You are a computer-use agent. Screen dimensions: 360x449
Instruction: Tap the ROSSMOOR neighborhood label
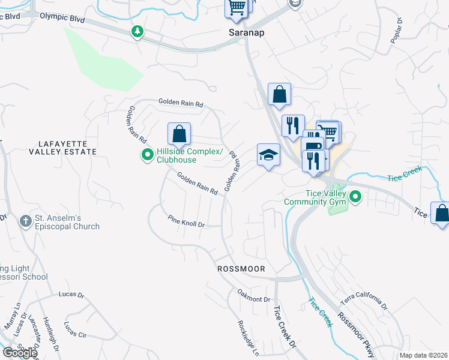coord(241,269)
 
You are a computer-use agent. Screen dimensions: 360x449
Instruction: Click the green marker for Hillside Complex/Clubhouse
coord(147,156)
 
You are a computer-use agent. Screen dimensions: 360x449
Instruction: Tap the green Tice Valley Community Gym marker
coord(355,197)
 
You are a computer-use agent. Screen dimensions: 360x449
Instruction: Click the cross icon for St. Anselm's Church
coord(25,221)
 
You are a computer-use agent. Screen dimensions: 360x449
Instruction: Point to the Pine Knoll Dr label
coord(186,223)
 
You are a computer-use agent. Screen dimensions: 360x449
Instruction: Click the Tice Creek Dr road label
coord(285,326)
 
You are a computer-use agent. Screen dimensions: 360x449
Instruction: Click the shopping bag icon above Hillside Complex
coord(179,134)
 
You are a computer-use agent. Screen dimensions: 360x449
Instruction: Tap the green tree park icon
coord(138,31)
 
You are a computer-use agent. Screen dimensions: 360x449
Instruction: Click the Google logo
coord(19,353)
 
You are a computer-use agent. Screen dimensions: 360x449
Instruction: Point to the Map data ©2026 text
coord(423,355)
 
